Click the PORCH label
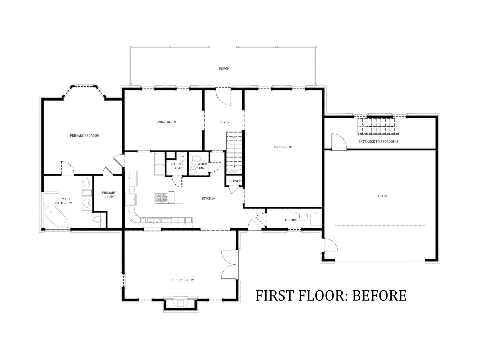tap(224, 69)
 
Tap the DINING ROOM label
tap(166, 122)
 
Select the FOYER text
tap(225, 122)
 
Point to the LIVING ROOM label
tap(282, 147)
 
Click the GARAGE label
tap(382, 196)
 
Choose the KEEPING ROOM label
tap(183, 280)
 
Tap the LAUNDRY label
tap(290, 220)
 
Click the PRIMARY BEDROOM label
tap(85, 136)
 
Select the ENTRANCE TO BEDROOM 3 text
tap(378, 141)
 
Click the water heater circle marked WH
tap(182, 157)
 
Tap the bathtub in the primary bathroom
tap(56, 216)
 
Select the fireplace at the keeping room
tap(181, 303)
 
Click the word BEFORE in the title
tap(379, 296)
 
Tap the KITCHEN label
tap(209, 198)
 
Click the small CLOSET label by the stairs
tap(235, 181)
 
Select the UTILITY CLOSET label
tap(177, 166)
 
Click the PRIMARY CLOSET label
tap(109, 195)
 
